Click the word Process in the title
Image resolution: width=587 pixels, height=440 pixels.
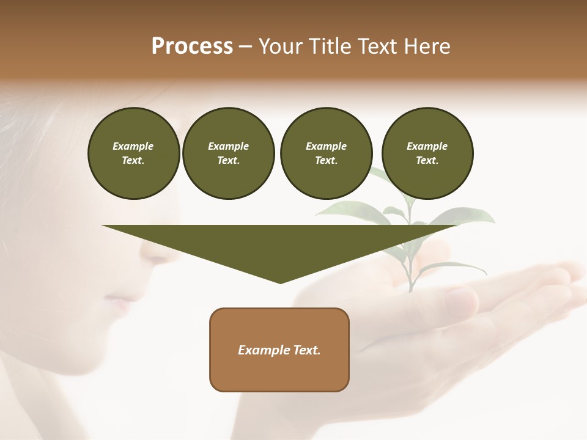click(192, 46)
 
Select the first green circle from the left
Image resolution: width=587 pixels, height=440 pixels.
click(133, 153)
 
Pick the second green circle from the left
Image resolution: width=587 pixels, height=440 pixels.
click(228, 153)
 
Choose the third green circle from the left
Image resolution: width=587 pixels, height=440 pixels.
click(326, 153)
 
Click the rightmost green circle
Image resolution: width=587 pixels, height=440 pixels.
click(427, 153)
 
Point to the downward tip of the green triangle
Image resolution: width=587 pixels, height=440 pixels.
click(280, 282)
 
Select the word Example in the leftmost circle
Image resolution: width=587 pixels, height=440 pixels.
click(133, 146)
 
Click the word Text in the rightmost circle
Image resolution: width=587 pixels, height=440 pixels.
click(427, 160)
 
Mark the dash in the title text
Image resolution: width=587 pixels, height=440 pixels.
click(245, 46)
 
